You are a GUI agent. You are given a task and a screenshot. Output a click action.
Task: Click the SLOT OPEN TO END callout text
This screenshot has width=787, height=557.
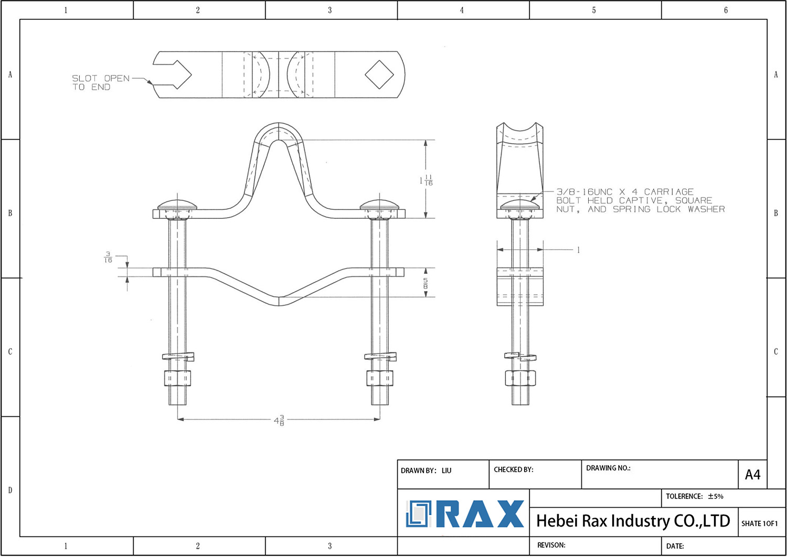coord(100,83)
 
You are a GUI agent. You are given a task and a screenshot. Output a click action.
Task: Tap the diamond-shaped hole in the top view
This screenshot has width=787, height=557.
coord(379,74)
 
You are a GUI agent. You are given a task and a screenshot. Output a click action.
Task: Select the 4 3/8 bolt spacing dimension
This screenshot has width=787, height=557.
coord(279,420)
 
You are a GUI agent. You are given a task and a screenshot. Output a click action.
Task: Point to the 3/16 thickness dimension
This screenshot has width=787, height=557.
coord(108,257)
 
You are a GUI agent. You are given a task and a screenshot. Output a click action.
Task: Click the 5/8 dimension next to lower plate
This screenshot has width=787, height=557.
coord(425,284)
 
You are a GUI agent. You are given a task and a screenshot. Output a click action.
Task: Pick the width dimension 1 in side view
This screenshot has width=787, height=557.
coord(578,250)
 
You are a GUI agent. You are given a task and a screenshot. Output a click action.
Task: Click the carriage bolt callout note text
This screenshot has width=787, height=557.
coord(640,200)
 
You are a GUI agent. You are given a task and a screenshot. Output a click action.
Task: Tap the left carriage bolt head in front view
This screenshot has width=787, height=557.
coord(177,205)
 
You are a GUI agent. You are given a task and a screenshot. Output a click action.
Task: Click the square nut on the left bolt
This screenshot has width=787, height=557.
coord(177,378)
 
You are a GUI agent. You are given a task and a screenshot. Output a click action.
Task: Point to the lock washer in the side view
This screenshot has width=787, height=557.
coord(520,356)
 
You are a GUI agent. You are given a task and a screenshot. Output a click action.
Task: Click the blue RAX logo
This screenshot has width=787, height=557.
coord(465,514)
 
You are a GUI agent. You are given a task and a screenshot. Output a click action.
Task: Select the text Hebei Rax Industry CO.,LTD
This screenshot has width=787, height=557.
coord(633,521)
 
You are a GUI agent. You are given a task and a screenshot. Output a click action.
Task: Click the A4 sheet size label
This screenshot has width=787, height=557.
coord(752,475)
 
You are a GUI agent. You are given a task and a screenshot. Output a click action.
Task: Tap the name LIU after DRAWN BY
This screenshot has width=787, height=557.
coord(446,470)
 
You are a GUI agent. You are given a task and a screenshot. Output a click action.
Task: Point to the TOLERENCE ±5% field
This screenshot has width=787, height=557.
coord(694,496)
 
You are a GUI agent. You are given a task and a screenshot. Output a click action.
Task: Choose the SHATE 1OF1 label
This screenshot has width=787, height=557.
coord(759,523)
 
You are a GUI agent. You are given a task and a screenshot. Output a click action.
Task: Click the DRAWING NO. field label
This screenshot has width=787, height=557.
coord(608,468)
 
